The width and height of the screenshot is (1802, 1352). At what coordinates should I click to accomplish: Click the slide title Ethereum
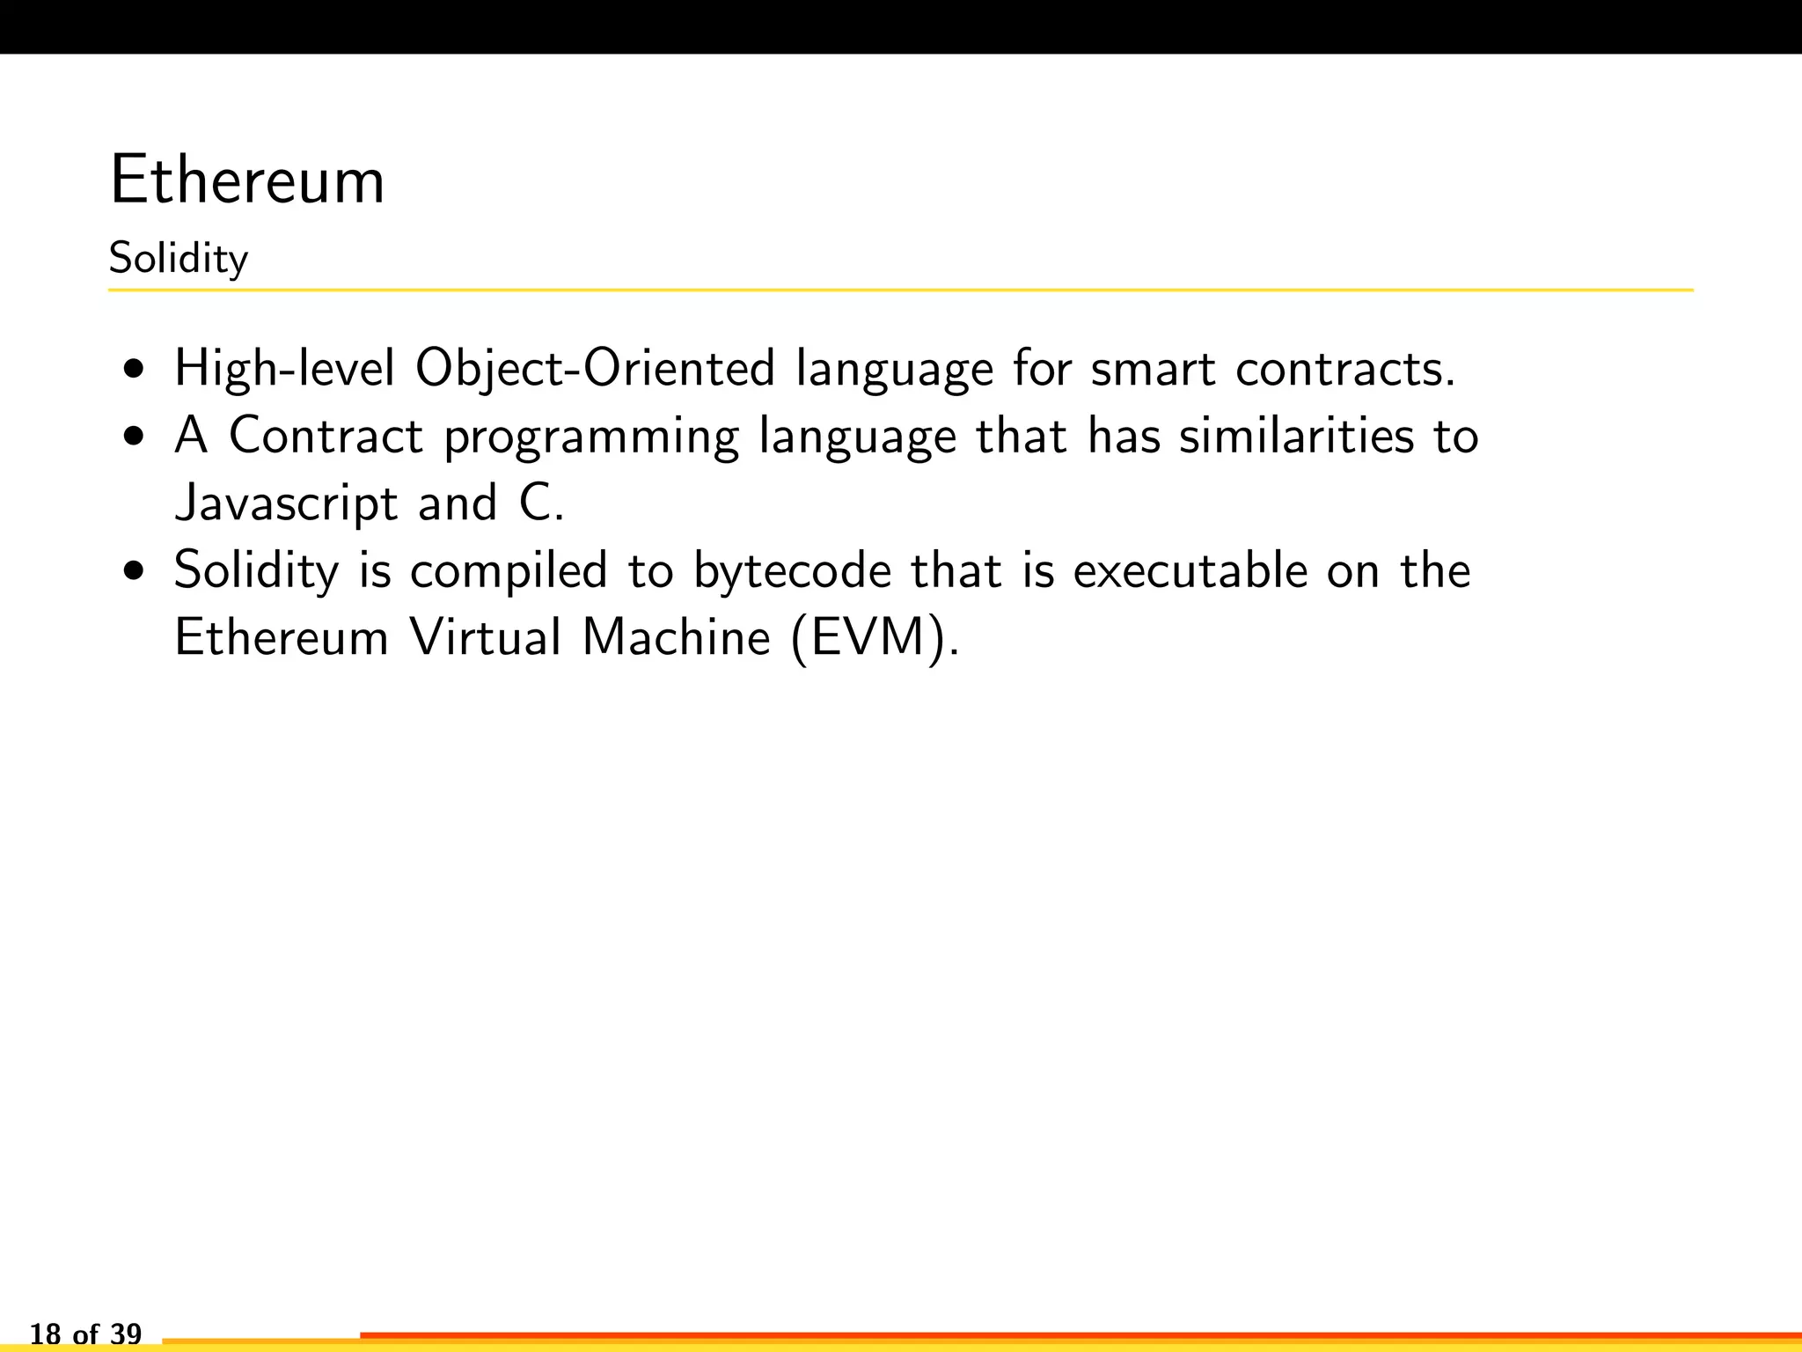[x=247, y=180]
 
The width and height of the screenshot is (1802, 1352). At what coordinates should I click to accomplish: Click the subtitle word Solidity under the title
[x=179, y=259]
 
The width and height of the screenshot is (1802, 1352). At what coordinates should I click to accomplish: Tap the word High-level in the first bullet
[x=284, y=368]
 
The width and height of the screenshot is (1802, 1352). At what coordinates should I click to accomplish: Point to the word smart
[x=1153, y=368]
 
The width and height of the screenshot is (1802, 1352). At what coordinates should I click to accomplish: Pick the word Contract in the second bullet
[x=326, y=436]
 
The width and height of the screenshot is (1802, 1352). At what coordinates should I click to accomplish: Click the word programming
[x=591, y=437]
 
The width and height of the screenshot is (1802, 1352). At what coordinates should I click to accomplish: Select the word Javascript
[x=287, y=503]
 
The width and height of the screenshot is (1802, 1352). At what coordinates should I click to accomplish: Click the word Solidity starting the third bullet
[x=256, y=570]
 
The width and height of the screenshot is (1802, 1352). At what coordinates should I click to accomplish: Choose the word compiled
[x=509, y=570]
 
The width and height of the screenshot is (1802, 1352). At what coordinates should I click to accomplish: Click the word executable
[x=1190, y=570]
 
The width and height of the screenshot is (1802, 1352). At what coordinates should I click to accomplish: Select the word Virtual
[x=485, y=637]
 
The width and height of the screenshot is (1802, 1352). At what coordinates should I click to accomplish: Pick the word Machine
[x=677, y=637]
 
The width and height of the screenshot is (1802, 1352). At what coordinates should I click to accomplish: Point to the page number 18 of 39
[x=85, y=1334]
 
